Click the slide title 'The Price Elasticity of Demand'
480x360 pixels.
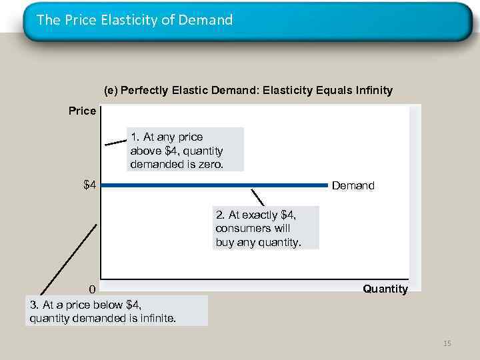(x=135, y=20)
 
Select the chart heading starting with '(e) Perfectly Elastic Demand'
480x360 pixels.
(x=248, y=90)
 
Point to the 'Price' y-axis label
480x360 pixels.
(x=82, y=111)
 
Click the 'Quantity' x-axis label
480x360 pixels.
(x=385, y=289)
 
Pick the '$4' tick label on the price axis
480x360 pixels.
(x=89, y=185)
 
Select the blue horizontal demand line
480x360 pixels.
(x=213, y=185)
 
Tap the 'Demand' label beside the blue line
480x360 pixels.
(x=353, y=186)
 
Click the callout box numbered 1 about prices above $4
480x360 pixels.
(x=185, y=150)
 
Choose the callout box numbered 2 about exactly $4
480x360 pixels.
(x=266, y=228)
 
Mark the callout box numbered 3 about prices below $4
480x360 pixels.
(x=117, y=311)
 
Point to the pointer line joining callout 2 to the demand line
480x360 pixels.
(x=257, y=197)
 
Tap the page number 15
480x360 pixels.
(x=447, y=343)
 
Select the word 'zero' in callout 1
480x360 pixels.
(x=210, y=164)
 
